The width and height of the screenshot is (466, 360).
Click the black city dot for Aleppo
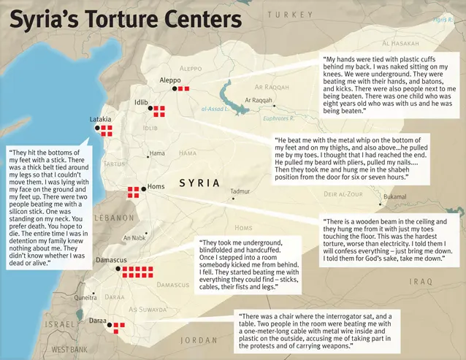(175, 88)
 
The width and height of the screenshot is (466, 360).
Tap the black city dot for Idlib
(150, 108)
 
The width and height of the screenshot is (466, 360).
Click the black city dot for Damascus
(118, 269)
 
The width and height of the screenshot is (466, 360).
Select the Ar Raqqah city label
(259, 100)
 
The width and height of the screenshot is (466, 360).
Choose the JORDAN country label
(199, 340)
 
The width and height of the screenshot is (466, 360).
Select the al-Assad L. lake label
(215, 110)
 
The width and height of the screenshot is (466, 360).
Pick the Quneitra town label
(85, 297)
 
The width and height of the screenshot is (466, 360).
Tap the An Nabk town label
(135, 237)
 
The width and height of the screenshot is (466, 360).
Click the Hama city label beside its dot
(158, 153)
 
